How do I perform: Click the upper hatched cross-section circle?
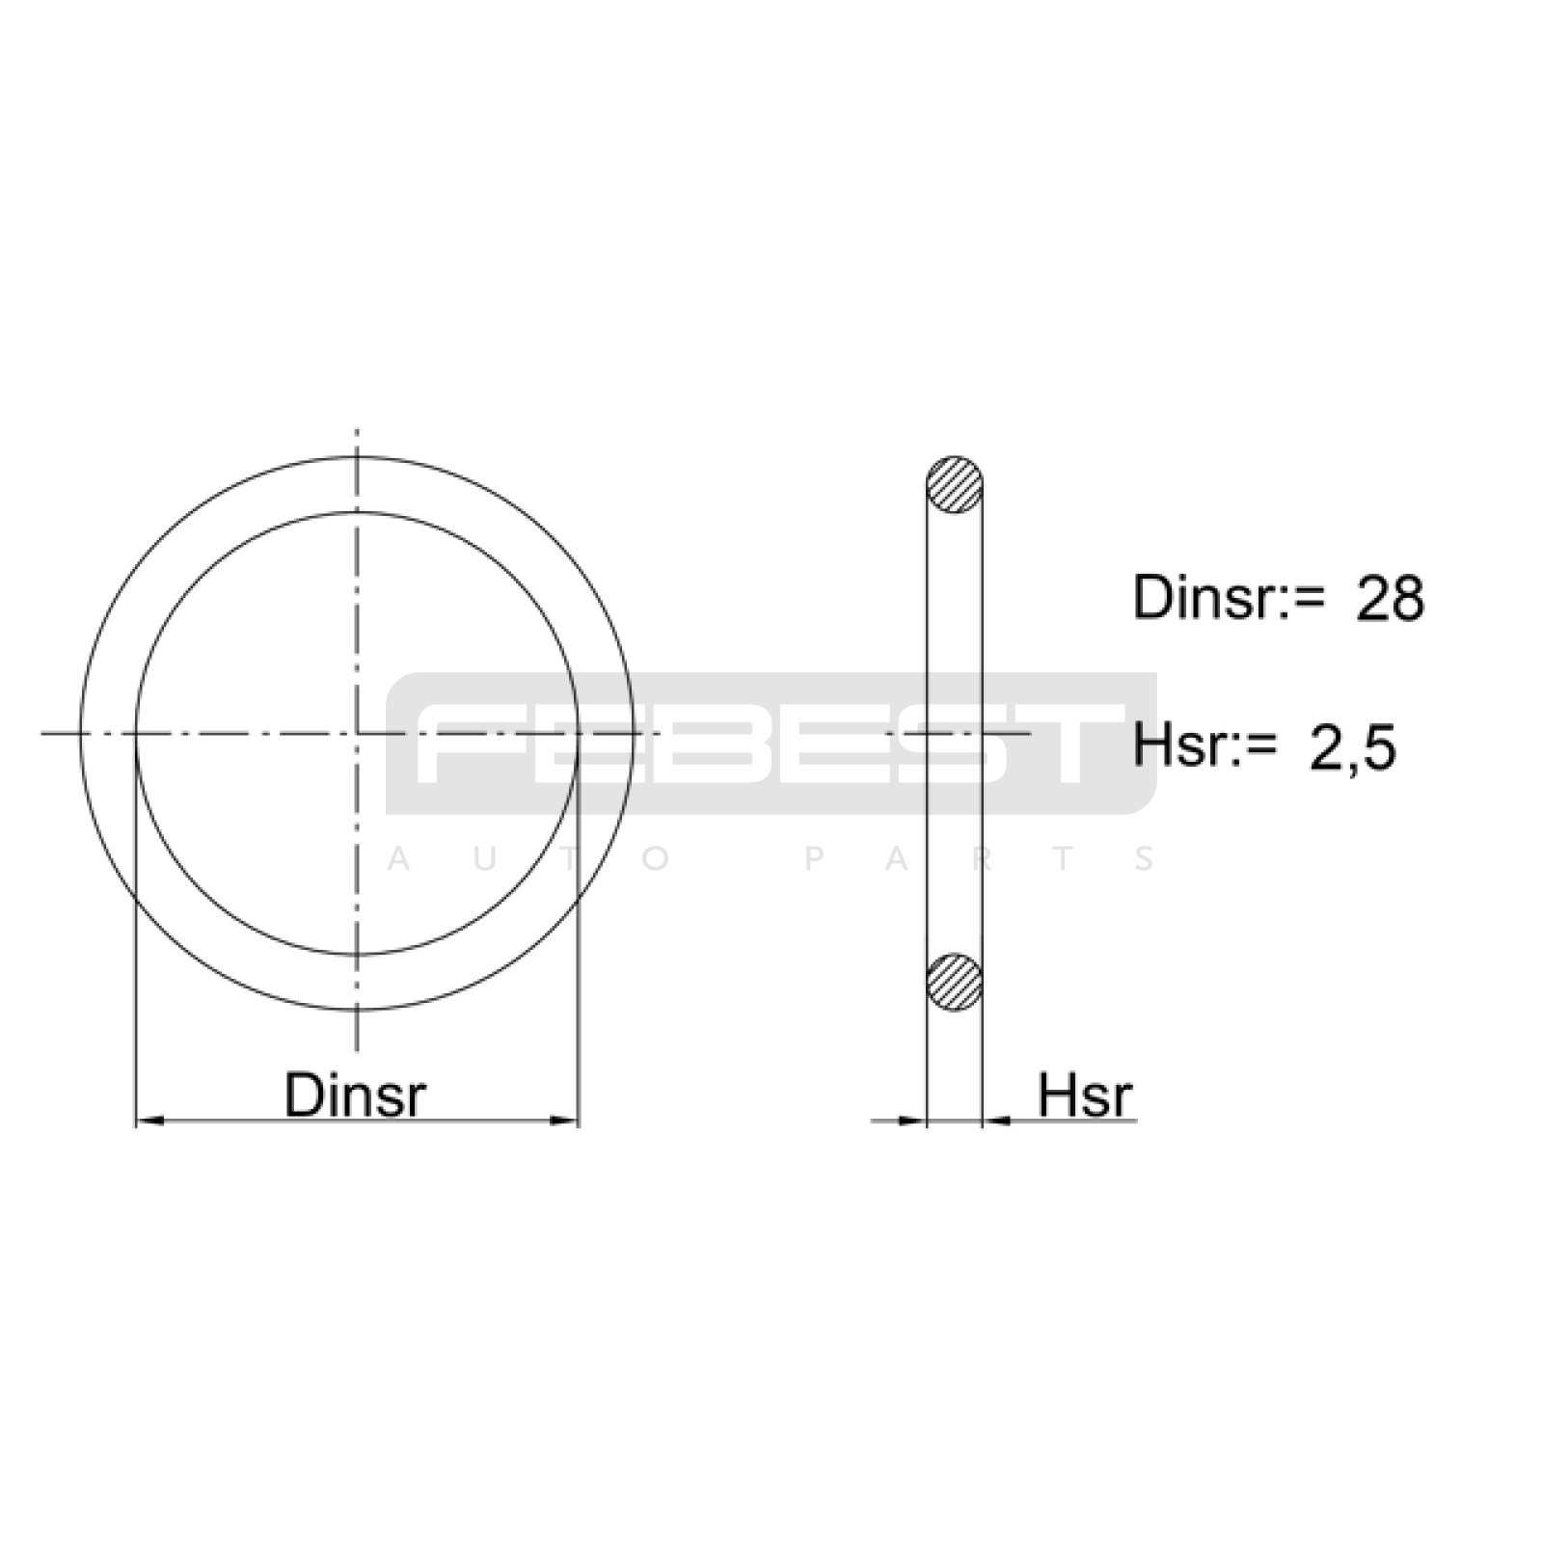(x=954, y=484)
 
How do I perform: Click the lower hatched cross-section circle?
(x=954, y=982)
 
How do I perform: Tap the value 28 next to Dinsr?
(x=1390, y=598)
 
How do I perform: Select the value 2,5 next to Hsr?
(x=1352, y=747)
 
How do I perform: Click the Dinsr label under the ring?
(x=355, y=1095)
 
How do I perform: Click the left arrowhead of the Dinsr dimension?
(x=149, y=1121)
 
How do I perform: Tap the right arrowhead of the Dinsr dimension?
(x=563, y=1121)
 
